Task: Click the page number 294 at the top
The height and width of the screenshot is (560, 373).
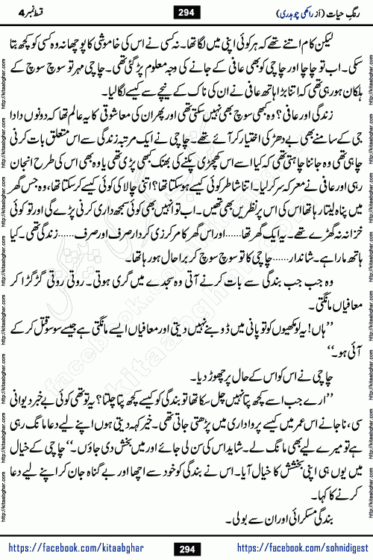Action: pyautogui.click(x=186, y=12)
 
